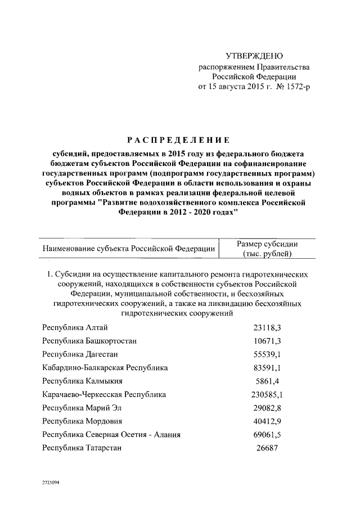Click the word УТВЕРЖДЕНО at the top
pyautogui.click(x=254, y=56)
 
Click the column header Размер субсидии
pyautogui.click(x=267, y=244)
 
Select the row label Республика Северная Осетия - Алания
pyautogui.click(x=111, y=434)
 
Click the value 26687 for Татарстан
pyautogui.click(x=267, y=448)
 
